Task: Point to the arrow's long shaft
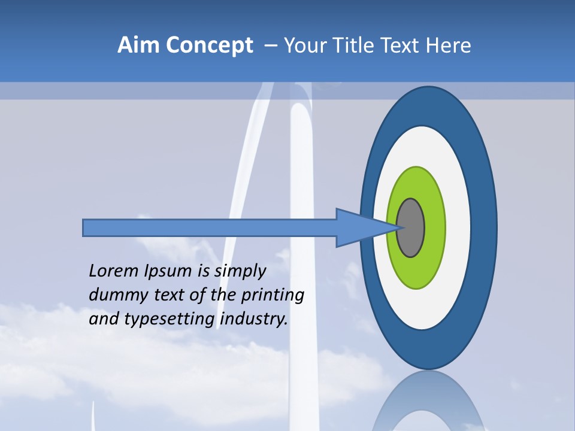(210, 227)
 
